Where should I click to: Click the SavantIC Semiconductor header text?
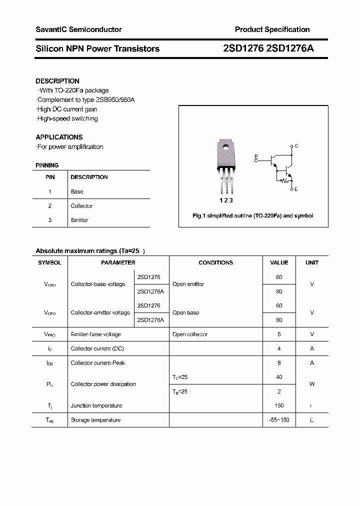tap(78, 29)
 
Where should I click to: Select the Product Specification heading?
tap(272, 29)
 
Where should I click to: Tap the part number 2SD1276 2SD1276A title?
tap(268, 48)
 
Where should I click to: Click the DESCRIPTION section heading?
tap(57, 81)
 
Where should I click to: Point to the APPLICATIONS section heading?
tap(59, 137)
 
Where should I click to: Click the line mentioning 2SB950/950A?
tap(85, 100)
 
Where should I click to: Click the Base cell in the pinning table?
tap(77, 191)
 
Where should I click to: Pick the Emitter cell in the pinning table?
tap(79, 220)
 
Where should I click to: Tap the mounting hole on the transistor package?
tap(225, 147)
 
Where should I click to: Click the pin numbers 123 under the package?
tap(226, 200)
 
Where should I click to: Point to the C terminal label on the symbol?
tap(296, 146)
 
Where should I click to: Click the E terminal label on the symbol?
tap(296, 189)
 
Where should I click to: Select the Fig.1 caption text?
tap(253, 216)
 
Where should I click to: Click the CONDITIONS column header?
tap(215, 262)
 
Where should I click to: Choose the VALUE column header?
tap(279, 262)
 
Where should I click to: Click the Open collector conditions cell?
tap(189, 334)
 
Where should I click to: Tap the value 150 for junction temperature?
tap(279, 405)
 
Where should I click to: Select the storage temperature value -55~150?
tap(279, 420)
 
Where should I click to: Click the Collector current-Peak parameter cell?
tap(97, 363)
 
